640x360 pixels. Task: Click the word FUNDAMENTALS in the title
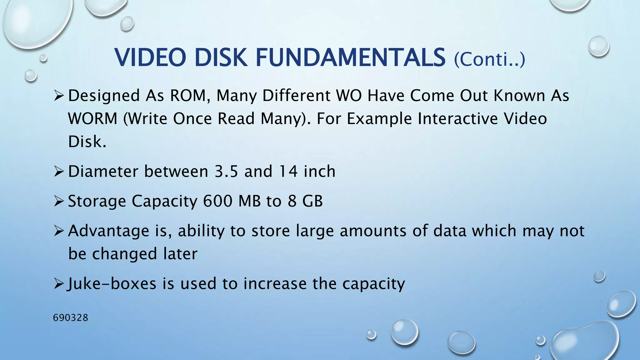pos(351,58)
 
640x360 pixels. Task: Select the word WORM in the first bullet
pos(92,119)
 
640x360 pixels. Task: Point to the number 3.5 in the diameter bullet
pos(226,172)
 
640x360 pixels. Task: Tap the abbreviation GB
pos(312,201)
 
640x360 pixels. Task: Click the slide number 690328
pos(71,318)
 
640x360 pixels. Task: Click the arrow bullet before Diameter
pos(59,172)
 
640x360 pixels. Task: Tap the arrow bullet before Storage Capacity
pos(59,201)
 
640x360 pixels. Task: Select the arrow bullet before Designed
pos(59,96)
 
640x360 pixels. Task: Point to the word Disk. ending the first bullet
pos(87,142)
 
